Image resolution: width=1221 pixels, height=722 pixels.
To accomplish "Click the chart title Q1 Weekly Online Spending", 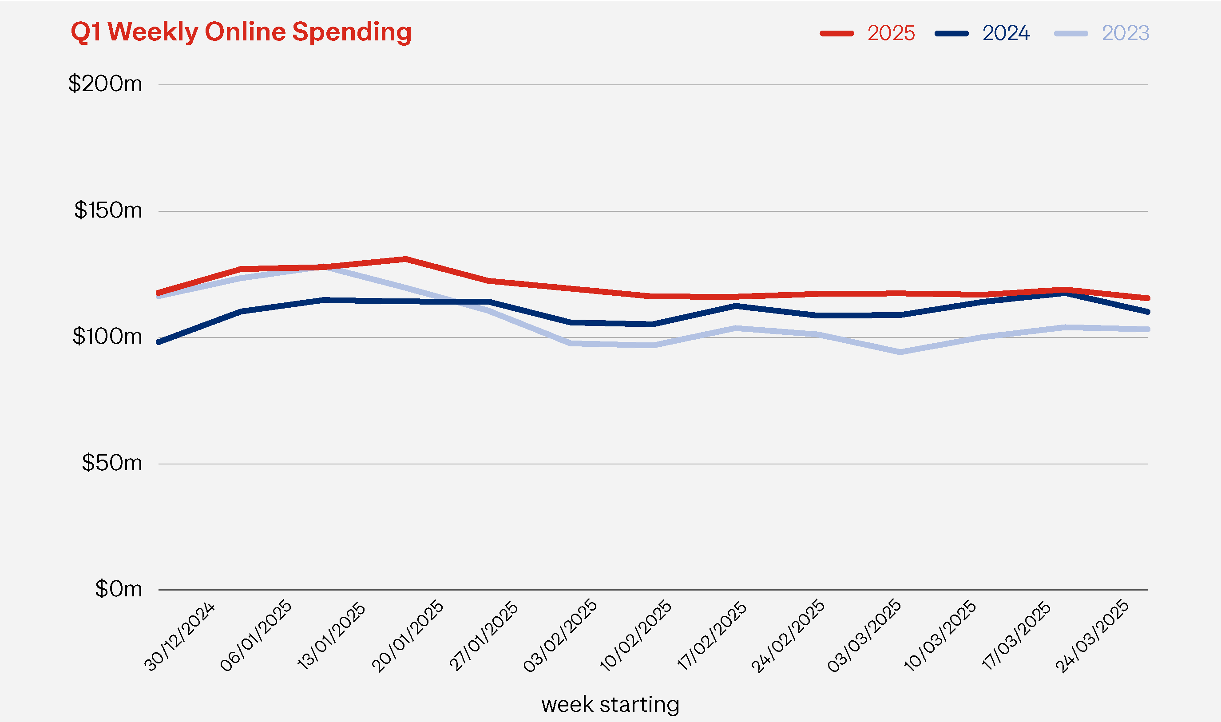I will [241, 32].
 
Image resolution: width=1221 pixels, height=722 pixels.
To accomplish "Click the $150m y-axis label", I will [108, 210].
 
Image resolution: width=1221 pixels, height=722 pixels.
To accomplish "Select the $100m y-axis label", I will [107, 336].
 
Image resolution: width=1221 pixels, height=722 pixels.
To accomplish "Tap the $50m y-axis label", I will [112, 463].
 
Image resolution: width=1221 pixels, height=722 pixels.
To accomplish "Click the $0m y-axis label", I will [118, 589].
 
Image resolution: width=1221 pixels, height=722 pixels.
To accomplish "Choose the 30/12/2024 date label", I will [179, 637].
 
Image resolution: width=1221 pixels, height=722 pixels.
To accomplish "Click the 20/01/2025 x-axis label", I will [408, 637].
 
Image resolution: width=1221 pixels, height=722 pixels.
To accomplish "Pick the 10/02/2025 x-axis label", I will [636, 637].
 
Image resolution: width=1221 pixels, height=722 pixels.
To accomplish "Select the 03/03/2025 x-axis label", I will [864, 637].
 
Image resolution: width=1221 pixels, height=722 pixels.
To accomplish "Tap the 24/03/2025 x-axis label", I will [1092, 637].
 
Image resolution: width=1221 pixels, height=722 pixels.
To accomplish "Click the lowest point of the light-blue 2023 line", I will [900, 352].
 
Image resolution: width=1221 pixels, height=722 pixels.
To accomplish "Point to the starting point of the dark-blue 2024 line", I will [159, 342].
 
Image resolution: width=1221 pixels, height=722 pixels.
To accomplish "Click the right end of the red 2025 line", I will [1147, 298].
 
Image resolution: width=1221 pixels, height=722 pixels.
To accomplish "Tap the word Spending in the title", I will [352, 32].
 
